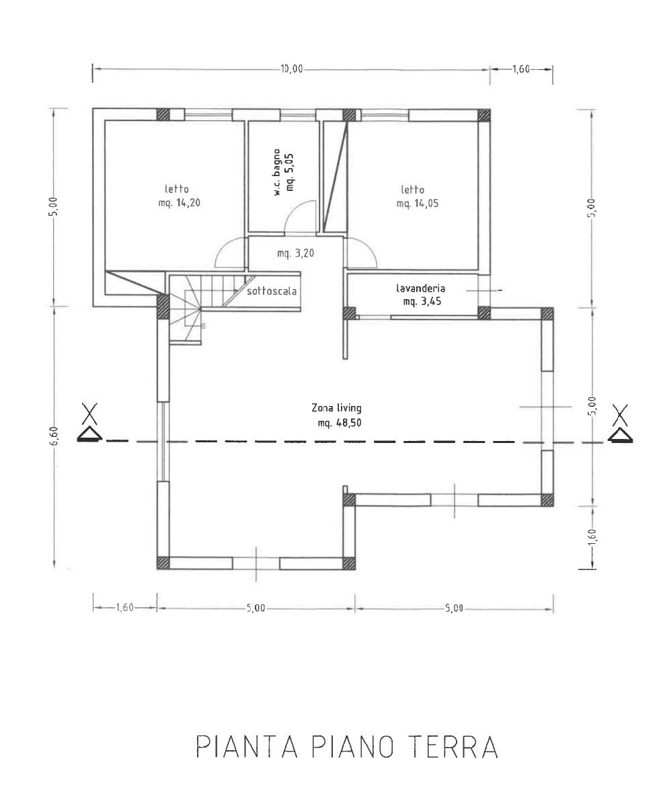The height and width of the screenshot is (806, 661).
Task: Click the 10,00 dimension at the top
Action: pos(291,69)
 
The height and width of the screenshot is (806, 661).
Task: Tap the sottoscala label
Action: pos(272,292)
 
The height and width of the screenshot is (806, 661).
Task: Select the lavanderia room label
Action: pos(420,288)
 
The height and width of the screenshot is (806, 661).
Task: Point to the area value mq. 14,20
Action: pos(180,202)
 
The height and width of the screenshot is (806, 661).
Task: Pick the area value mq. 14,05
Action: pos(418,204)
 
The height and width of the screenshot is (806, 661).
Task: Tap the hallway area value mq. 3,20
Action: pos(296,253)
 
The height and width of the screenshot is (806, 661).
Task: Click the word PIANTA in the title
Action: pos(247,747)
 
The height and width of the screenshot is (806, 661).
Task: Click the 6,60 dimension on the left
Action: pos(56,438)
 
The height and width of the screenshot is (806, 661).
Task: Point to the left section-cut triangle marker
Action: pos(90,434)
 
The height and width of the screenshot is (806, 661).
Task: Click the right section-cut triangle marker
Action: pos(621,434)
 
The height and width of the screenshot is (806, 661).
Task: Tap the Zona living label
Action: pos(336,408)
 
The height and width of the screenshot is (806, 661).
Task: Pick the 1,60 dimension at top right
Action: pos(521,69)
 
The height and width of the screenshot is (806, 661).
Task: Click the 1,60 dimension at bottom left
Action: pos(124,608)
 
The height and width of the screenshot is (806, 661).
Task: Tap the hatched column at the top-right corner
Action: pos(483,115)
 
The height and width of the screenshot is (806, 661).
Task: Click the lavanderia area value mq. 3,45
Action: pos(422,301)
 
